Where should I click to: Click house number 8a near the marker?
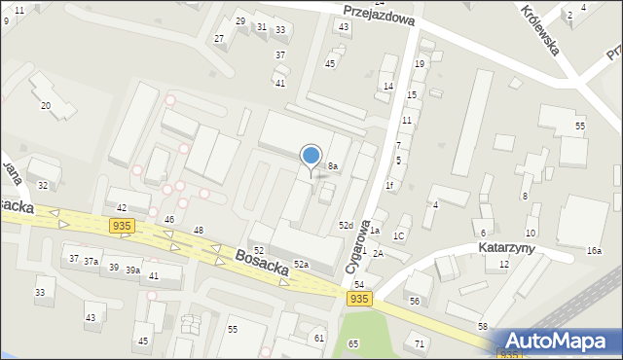tap(332, 166)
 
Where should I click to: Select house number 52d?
tap(346, 226)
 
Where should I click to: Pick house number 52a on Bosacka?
tap(302, 264)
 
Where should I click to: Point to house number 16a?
tap(594, 251)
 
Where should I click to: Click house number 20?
tap(45, 105)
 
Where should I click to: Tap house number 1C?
tap(398, 236)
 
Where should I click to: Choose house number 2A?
tap(378, 253)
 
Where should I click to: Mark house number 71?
tap(420, 344)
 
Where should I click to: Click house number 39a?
tap(132, 270)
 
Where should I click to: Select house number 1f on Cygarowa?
tap(389, 185)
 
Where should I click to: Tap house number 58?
tap(483, 326)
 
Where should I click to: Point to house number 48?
tap(199, 230)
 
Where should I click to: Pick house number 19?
tap(420, 63)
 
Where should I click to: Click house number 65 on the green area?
tap(353, 343)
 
